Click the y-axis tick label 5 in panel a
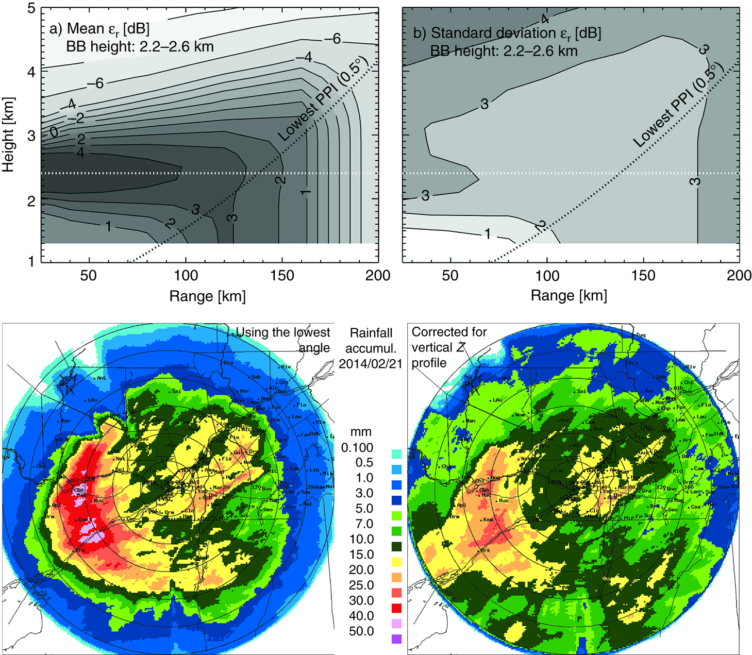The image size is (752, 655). point(31,10)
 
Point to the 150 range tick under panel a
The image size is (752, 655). point(282,275)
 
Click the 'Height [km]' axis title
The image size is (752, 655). point(9,135)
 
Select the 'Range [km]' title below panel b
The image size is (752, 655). point(569,296)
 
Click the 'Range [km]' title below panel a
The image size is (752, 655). point(207,296)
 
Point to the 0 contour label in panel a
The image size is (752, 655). point(54,133)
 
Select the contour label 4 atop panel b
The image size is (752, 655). point(544,20)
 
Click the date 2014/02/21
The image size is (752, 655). point(370,364)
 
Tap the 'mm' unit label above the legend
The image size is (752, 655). point(361,432)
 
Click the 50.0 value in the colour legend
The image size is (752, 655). point(361,631)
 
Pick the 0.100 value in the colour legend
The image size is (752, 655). point(357,448)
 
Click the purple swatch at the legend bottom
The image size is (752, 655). point(396,639)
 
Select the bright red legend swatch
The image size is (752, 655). point(396,609)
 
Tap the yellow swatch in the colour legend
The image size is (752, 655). point(396,562)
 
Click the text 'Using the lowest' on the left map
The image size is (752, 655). point(282,332)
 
